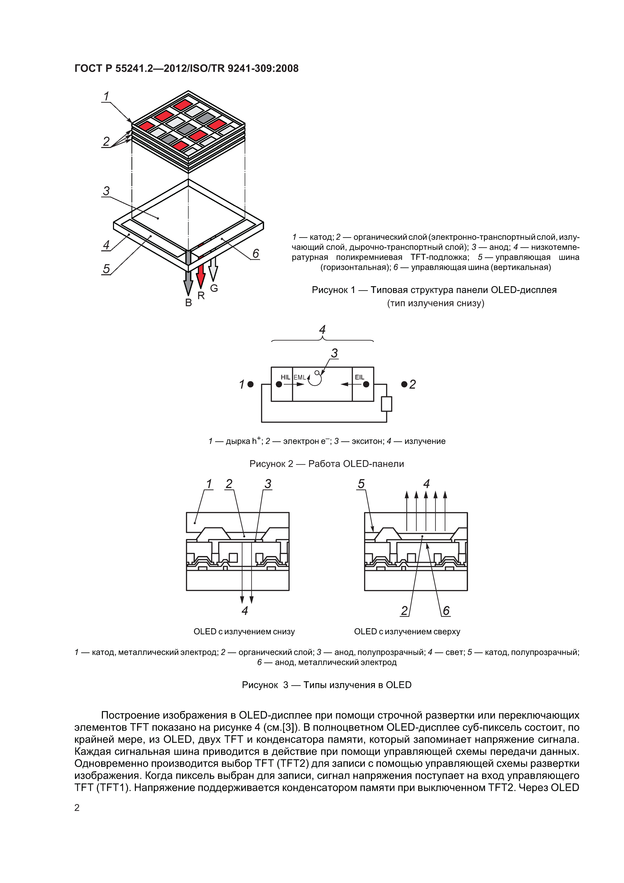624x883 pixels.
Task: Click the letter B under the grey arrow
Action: click(x=188, y=303)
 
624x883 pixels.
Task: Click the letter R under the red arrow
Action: click(x=201, y=295)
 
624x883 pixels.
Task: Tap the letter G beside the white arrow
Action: click(x=214, y=288)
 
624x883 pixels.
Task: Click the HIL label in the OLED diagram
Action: click(x=285, y=377)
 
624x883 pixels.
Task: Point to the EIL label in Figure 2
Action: click(x=359, y=377)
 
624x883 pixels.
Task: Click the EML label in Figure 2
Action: click(x=299, y=377)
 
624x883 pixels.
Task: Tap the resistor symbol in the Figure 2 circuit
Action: click(x=386, y=404)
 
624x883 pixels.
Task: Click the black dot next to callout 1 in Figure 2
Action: click(x=251, y=384)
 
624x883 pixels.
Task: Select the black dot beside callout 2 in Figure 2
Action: click(x=404, y=384)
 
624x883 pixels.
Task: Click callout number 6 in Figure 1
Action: click(x=256, y=253)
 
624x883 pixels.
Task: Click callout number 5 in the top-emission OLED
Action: click(x=361, y=484)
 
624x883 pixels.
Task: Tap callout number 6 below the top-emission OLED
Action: click(x=446, y=610)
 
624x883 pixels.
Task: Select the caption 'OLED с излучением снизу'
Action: click(x=244, y=632)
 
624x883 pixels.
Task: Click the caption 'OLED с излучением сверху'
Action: click(x=407, y=632)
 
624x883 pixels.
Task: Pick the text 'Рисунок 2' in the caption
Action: click(x=271, y=464)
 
